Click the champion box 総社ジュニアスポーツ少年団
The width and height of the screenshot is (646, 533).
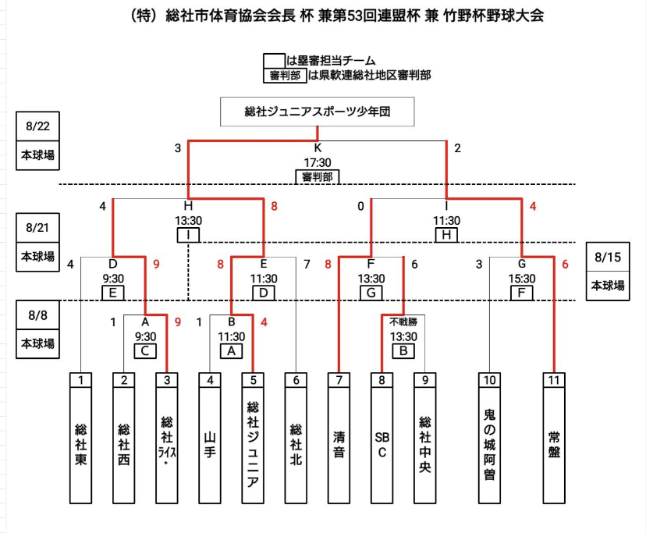point(317,112)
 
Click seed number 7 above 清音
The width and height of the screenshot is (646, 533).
point(339,380)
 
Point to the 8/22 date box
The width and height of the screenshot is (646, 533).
point(37,124)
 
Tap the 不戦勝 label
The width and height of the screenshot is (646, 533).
point(403,321)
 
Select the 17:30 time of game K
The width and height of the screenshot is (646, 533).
point(318,162)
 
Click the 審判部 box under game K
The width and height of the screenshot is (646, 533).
point(318,177)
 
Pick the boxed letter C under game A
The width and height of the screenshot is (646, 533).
point(145,350)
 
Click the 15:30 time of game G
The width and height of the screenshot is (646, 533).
point(522,279)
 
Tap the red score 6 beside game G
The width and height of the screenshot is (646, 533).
point(566,265)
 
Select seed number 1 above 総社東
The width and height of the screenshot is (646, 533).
point(80,380)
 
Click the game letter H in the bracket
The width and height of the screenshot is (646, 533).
point(188,205)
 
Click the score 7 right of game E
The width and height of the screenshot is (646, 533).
point(307,265)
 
